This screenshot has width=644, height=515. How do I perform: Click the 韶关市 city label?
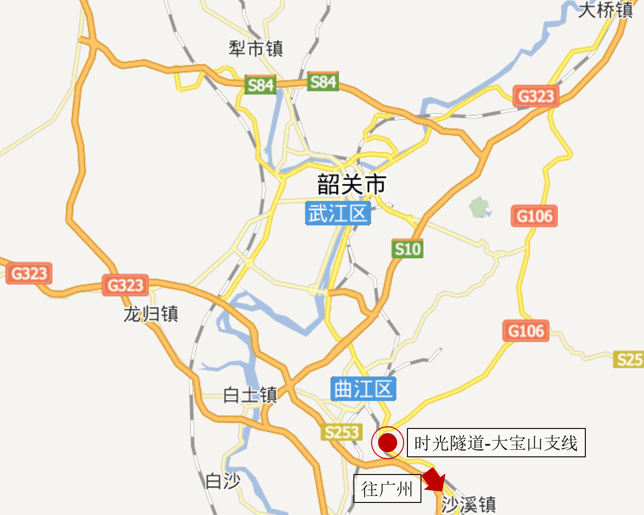tap(352, 184)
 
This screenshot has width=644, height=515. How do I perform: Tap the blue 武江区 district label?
tap(338, 214)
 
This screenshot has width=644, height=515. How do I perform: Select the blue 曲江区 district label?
tap(363, 389)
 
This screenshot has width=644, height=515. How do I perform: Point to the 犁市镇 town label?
tap(256, 49)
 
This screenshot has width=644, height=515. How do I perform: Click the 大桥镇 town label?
tap(605, 10)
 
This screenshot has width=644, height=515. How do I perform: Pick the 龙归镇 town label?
tap(150, 314)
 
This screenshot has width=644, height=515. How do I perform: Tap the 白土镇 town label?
tap(250, 395)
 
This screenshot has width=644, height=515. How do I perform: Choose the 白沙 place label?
tap(223, 481)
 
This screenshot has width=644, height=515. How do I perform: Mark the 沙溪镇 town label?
tap(468, 504)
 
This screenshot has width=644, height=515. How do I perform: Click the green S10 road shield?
tap(407, 249)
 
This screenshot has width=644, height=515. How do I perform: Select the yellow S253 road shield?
tap(341, 432)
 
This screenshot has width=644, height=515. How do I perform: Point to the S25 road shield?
tap(629, 360)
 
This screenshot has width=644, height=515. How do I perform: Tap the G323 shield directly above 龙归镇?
tap(125, 285)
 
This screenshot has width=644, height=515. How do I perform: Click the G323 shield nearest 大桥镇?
tap(536, 96)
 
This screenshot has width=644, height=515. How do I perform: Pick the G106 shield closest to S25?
tap(526, 331)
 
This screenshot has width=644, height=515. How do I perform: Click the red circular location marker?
tap(387, 442)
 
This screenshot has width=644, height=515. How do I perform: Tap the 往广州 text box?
tap(387, 488)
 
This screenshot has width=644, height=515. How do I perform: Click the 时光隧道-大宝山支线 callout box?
tap(496, 442)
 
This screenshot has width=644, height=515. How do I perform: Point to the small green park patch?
tap(480, 207)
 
